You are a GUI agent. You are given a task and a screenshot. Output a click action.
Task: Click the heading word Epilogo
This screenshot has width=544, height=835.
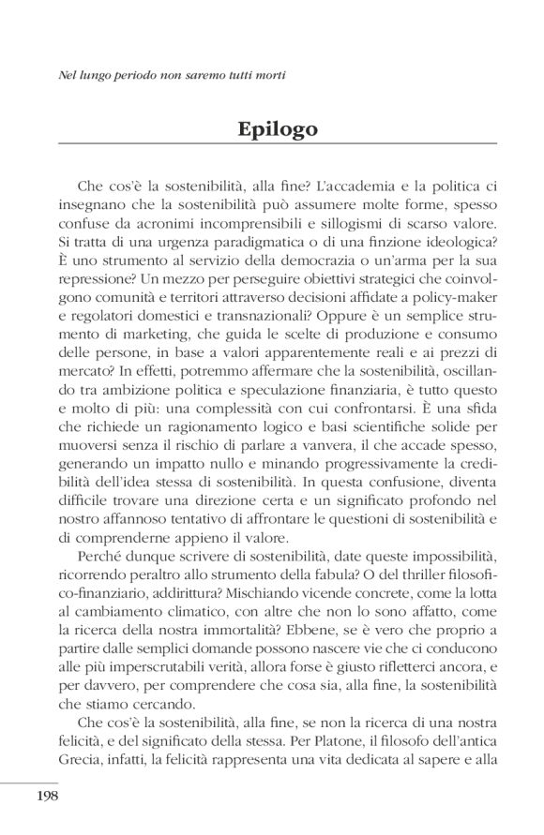click(x=277, y=128)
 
